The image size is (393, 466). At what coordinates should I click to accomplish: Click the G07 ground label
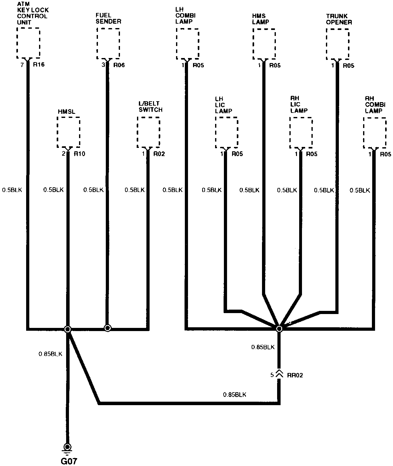click(x=69, y=461)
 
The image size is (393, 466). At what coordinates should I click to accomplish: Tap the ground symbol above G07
click(x=67, y=448)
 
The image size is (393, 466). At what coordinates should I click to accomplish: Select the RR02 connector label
click(x=295, y=375)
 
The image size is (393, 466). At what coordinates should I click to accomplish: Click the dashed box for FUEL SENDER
click(x=108, y=43)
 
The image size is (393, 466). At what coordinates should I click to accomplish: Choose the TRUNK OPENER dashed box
click(x=338, y=44)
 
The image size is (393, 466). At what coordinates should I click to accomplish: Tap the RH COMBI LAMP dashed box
click(x=374, y=132)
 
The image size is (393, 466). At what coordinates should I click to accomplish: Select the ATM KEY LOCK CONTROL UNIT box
click(x=28, y=43)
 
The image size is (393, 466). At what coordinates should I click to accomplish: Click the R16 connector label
click(x=39, y=65)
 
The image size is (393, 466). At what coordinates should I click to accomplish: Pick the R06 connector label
click(x=119, y=65)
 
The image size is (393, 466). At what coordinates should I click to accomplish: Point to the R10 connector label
click(x=79, y=154)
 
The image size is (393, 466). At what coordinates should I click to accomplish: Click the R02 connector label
click(x=159, y=154)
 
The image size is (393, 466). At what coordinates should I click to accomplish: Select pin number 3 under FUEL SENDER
click(x=103, y=65)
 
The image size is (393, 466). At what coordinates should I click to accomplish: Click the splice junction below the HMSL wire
click(x=67, y=329)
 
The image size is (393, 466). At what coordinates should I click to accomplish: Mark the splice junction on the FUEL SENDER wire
click(x=107, y=328)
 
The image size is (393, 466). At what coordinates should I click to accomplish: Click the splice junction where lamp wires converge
click(x=279, y=329)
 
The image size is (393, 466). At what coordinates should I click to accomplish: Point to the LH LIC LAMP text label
click(x=224, y=105)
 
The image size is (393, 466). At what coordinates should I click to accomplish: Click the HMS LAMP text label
click(x=260, y=19)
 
